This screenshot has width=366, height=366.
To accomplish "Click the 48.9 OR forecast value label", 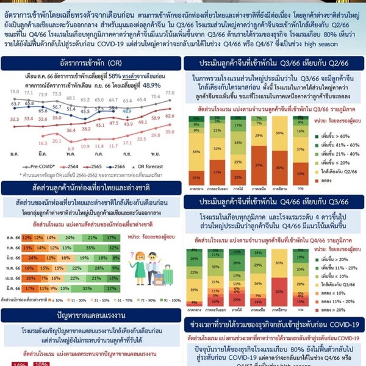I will click(127, 112).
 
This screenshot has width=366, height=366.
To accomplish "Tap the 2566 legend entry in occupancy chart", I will click(119, 165).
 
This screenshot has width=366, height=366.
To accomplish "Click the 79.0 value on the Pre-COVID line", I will click(15, 91).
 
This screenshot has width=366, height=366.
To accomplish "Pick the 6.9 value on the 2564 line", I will click(71, 148).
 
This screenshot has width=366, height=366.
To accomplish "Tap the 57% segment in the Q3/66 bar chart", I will click(257, 165).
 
